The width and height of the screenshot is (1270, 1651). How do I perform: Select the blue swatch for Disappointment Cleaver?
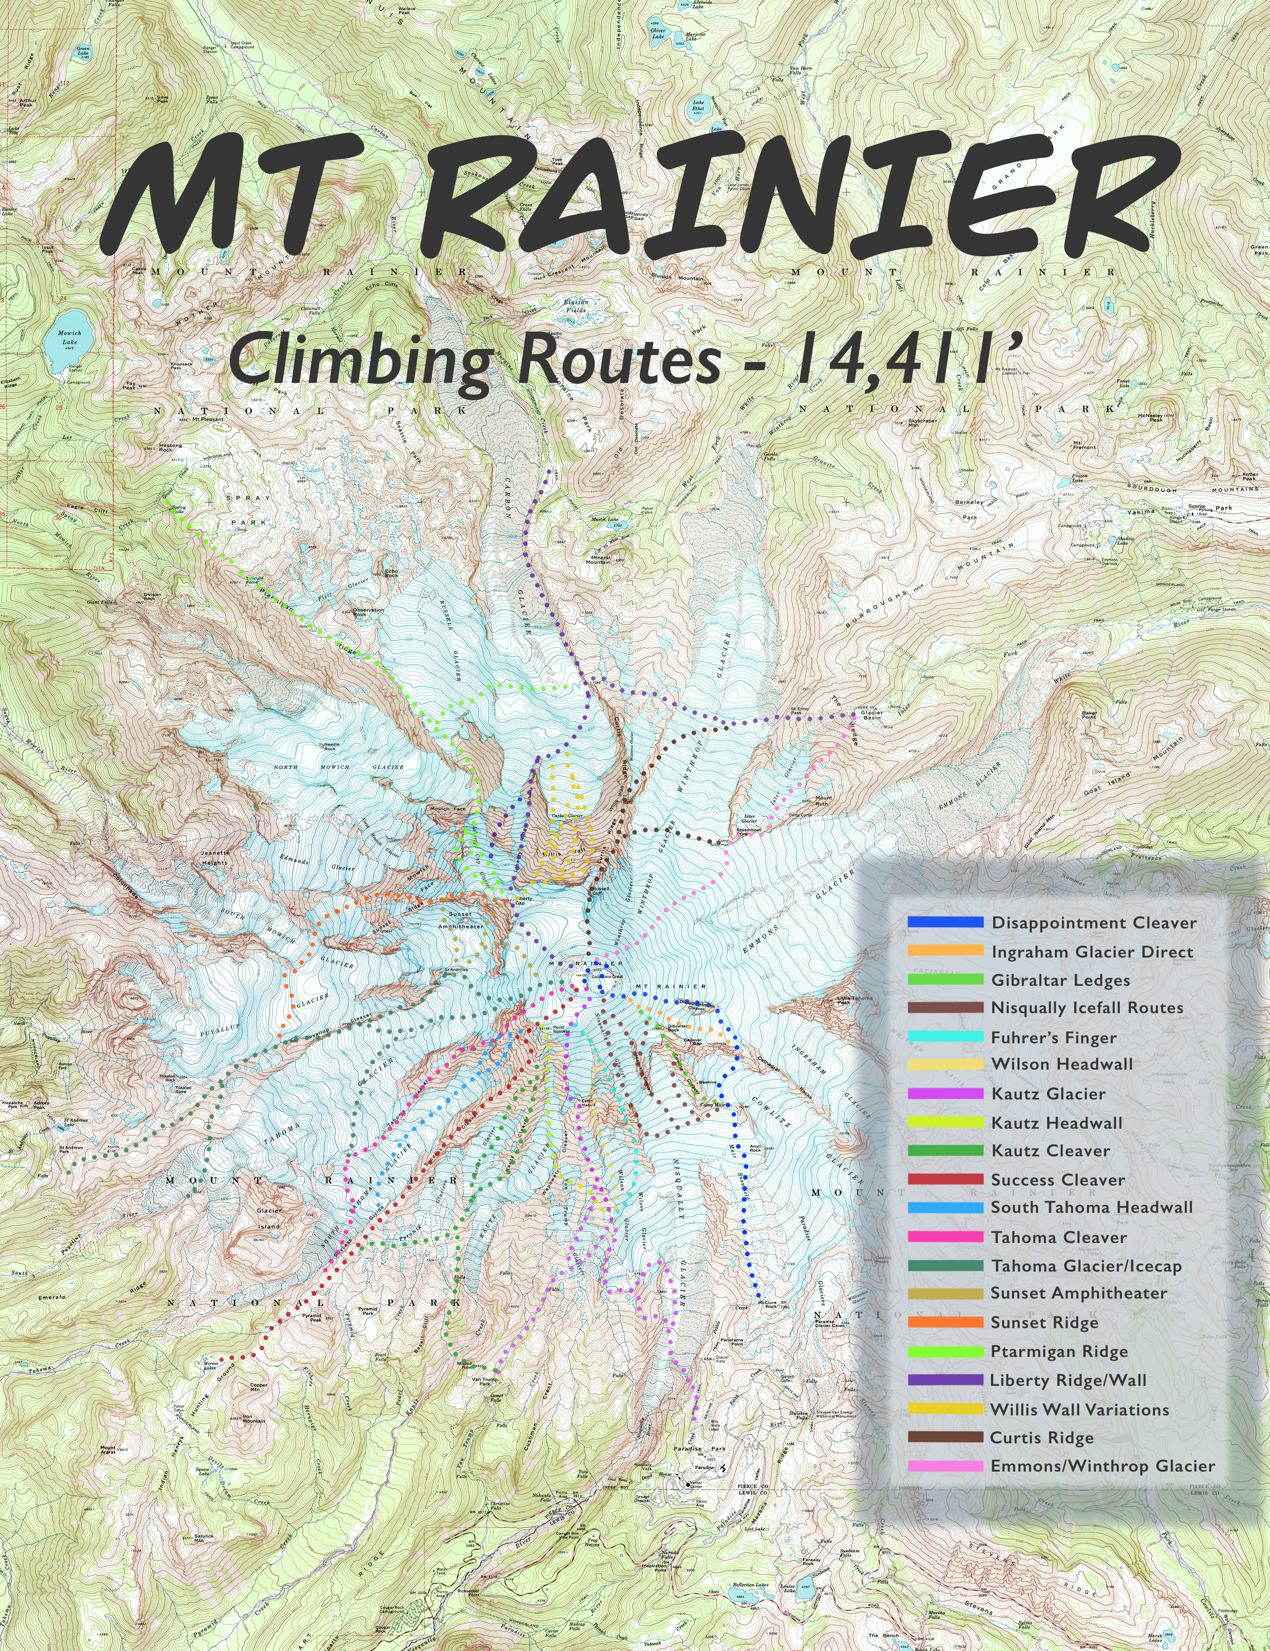pyautogui.click(x=945, y=922)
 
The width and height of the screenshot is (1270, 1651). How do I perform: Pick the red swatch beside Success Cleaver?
pyautogui.click(x=945, y=1179)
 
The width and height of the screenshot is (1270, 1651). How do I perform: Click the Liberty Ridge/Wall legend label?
pyautogui.click(x=1068, y=1380)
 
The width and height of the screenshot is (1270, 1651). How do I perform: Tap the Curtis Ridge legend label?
pyautogui.click(x=1042, y=1438)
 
